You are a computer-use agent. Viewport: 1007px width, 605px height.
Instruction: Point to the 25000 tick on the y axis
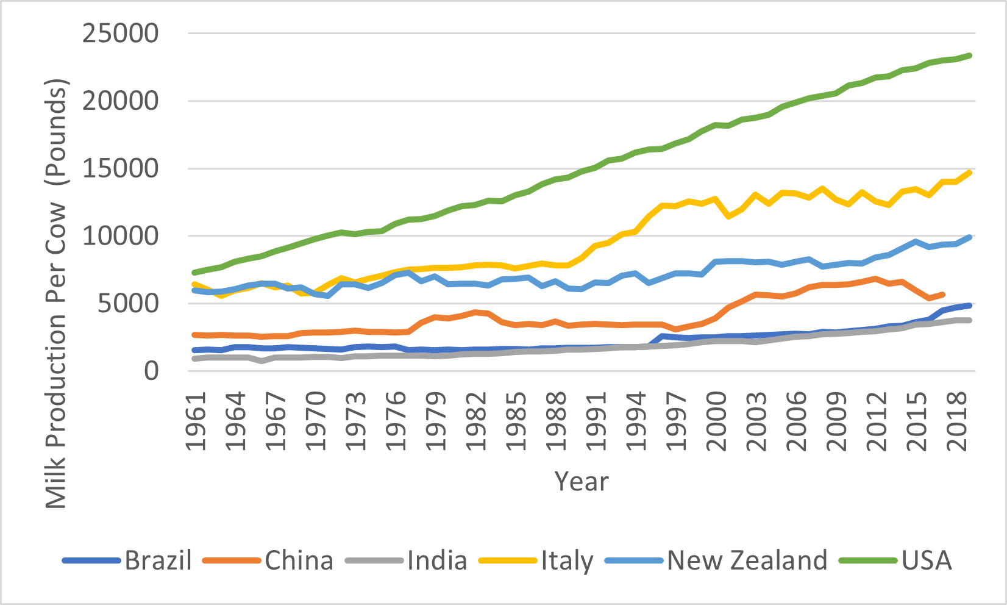[121, 34]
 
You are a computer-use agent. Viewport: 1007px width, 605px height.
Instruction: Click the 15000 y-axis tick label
[121, 169]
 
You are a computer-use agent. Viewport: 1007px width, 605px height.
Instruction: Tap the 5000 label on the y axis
[128, 304]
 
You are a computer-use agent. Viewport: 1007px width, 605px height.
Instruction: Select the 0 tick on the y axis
[151, 371]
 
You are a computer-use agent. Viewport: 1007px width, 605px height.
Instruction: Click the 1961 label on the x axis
[196, 421]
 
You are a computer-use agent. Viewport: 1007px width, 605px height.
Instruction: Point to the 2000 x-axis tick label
[716, 421]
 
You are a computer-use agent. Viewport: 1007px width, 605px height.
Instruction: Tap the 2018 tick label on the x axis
[958, 421]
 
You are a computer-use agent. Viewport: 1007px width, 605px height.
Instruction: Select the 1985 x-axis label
[516, 421]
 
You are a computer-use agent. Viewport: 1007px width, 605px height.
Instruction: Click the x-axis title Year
[582, 482]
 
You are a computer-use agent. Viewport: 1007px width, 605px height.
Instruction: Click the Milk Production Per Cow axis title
[56, 293]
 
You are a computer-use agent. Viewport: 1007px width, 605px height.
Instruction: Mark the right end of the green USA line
[970, 55]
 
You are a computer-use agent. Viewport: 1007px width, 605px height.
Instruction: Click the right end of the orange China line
[943, 294]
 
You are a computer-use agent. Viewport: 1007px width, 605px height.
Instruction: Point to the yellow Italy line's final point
[970, 173]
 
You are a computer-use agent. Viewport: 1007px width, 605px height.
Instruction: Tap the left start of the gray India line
[194, 359]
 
